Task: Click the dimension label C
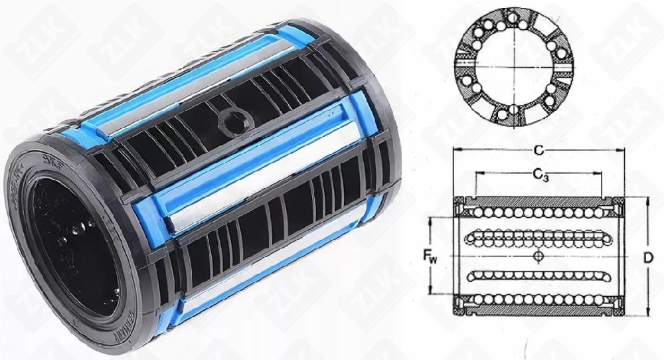[x=535, y=151]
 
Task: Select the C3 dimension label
[x=539, y=175]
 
